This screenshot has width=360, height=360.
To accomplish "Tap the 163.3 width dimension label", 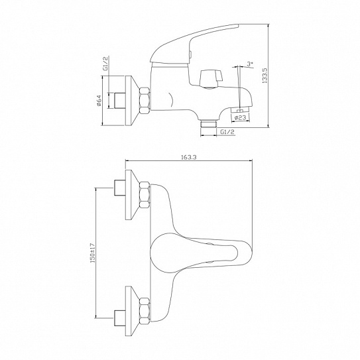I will pyautogui.click(x=189, y=156).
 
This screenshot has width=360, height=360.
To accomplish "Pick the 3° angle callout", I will pyautogui.click(x=249, y=64).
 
